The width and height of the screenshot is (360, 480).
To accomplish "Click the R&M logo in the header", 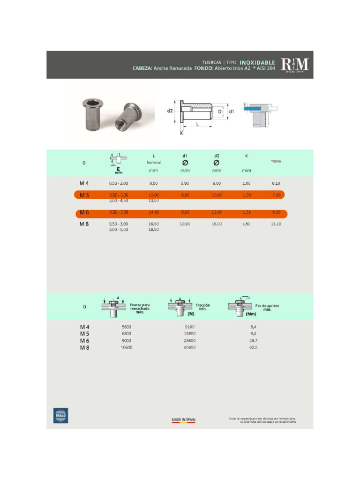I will (295, 65).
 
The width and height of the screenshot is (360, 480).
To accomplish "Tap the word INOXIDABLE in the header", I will (257, 62).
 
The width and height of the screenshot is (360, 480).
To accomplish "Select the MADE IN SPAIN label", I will (183, 420).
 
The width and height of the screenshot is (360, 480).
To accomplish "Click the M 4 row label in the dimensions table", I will (84, 183).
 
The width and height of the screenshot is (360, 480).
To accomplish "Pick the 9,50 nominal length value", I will (154, 183).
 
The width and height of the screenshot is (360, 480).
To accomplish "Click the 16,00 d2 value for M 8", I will (217, 224).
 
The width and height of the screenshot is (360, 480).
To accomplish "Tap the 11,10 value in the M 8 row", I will (276, 224).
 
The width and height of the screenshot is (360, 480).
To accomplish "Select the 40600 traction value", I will (190, 348).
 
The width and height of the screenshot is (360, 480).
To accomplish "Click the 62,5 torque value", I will (254, 348).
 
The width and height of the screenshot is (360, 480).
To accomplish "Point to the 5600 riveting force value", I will (127, 327).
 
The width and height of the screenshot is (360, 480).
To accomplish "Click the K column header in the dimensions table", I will (247, 156).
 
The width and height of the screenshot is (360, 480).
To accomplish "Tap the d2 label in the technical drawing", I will (170, 111).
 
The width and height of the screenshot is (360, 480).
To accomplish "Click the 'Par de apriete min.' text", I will (267, 307).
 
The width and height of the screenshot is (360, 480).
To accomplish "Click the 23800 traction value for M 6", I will (190, 341).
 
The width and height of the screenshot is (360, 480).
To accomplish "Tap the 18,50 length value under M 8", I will (154, 230).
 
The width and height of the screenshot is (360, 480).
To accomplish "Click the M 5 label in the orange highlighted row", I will (84, 195).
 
